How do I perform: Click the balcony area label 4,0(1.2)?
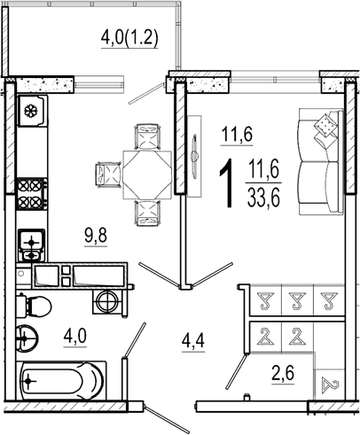pos(129,38)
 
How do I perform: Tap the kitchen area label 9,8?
pos(96,237)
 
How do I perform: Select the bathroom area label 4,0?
pos(74,337)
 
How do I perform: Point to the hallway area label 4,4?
pos(193,343)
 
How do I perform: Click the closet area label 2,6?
pos(283,374)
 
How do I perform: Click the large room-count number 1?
pos(227,183)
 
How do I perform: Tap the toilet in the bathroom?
pos(34,307)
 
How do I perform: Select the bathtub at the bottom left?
pos(61,381)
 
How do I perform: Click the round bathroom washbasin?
pos(27,338)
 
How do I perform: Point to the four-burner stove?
pos(32,194)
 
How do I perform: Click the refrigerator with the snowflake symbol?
pos(32,111)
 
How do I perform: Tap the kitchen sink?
pos(31,245)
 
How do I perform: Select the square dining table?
pos(147,175)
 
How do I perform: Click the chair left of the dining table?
pos(108,175)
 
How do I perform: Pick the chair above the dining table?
pos(148,136)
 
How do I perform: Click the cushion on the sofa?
pos(325,127)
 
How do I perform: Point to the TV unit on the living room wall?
pos(194,156)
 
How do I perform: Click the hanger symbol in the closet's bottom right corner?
pos(330,385)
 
